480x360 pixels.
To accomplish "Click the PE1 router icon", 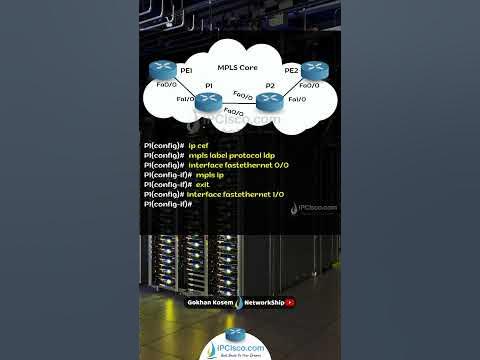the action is point(163,70).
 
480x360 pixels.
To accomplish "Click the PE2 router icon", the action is point(314,69).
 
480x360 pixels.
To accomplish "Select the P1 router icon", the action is point(210,100).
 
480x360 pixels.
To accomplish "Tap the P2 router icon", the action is point(267,100).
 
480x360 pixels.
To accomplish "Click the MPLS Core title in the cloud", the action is point(239,67).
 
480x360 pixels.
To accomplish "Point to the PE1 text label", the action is point(186,72).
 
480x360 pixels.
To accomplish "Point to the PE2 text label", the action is point(291,72).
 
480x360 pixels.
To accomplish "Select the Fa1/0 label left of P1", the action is point(185,100).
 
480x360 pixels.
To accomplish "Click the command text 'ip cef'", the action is point(199,146).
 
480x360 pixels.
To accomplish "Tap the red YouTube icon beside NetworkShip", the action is point(290,301).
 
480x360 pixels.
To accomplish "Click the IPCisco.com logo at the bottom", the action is point(239,341).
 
